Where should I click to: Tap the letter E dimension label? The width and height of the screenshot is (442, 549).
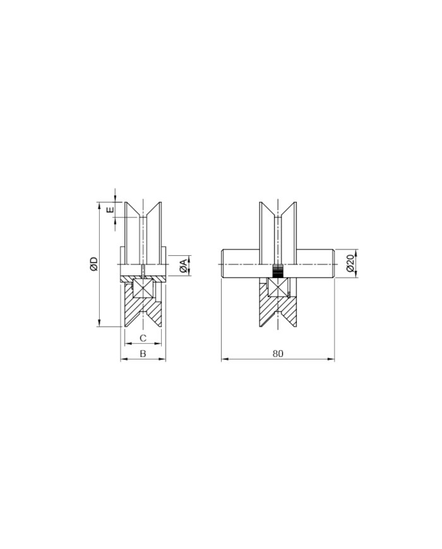pyautogui.click(x=110, y=210)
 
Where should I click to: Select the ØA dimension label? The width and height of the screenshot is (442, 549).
pyautogui.click(x=182, y=266)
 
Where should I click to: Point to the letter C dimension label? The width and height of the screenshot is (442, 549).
pyautogui.click(x=143, y=338)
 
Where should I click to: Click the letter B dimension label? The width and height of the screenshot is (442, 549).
pyautogui.click(x=143, y=354)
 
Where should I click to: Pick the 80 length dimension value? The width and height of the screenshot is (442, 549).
pyautogui.click(x=278, y=354)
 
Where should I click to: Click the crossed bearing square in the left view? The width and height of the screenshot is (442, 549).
pyautogui.click(x=143, y=288)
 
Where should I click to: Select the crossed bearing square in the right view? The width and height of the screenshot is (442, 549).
pyautogui.click(x=278, y=288)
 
